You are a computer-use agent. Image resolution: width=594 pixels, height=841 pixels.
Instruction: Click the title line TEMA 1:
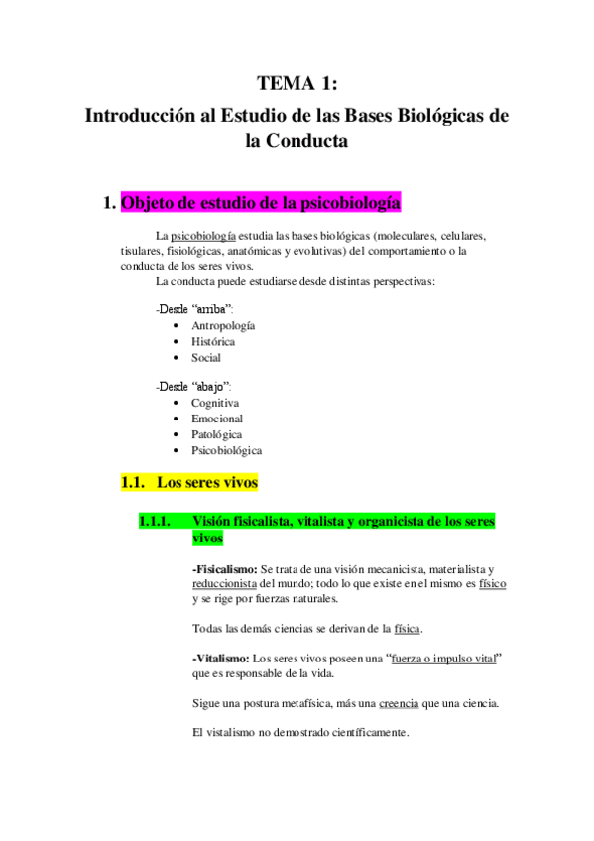click(297, 83)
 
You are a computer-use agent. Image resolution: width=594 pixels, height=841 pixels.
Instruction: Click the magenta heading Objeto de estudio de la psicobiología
click(261, 204)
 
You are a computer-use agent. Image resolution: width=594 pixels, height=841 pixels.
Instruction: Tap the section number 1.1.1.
click(155, 521)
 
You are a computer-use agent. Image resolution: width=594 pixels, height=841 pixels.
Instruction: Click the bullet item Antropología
click(223, 325)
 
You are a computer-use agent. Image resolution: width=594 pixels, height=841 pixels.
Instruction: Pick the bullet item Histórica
click(213, 341)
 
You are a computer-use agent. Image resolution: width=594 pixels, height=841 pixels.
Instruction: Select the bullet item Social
click(206, 357)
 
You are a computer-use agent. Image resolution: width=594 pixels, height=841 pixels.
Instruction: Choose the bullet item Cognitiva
click(215, 403)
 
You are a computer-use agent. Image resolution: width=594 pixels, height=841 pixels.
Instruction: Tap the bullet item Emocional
click(217, 419)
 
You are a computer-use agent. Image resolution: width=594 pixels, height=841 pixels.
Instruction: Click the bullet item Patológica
click(216, 434)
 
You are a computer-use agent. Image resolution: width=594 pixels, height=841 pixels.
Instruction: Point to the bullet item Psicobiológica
click(226, 450)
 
